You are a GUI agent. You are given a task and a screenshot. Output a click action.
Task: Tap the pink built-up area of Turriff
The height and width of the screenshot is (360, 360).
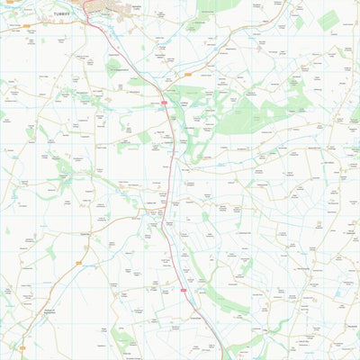(x=102, y=6)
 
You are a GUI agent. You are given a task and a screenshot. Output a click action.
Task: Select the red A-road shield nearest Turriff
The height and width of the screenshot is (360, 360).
(x=165, y=103)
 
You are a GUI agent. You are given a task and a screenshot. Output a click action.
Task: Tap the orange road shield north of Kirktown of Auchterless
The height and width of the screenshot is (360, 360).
(x=78, y=263)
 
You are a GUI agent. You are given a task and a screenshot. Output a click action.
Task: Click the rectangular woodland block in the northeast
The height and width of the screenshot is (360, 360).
(x=328, y=19)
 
